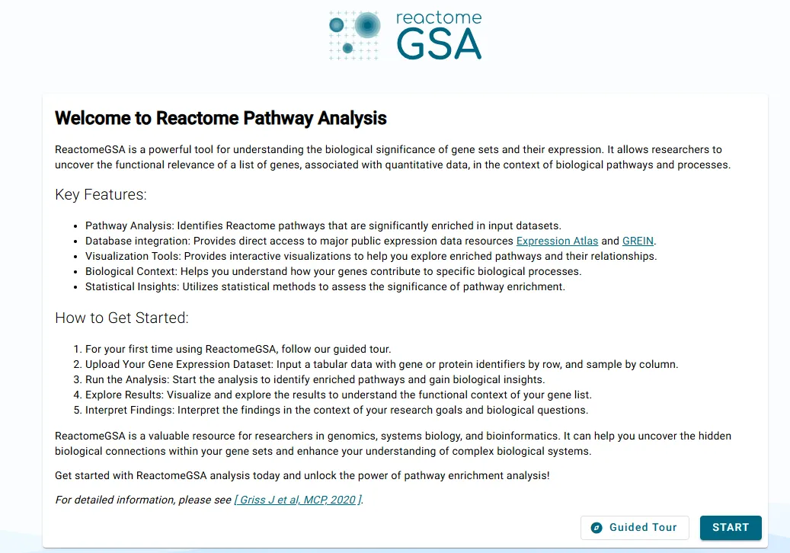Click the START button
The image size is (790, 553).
pos(730,527)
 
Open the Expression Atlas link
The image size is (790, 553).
pos(557,241)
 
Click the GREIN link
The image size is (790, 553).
pos(638,241)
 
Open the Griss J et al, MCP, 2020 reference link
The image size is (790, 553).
pos(298,500)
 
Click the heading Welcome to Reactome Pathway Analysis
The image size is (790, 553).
pos(221,118)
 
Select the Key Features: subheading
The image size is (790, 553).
pos(101,194)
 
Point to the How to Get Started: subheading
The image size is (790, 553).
pos(122,318)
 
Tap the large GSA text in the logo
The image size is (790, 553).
pos(439,45)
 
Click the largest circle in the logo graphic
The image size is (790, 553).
pos(367,25)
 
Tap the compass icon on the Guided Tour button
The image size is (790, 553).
pos(597,527)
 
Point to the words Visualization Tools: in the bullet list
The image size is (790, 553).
pos(133,256)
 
